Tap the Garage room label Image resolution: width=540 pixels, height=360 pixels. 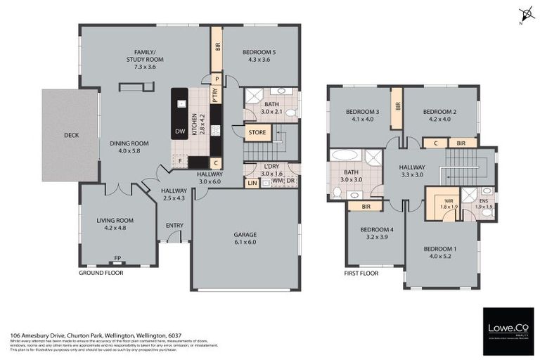coord(245,235)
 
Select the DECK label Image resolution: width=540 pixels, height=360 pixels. coord(71,135)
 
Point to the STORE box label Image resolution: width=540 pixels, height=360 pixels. coord(257,131)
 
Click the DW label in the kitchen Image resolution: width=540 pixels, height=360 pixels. coord(179,131)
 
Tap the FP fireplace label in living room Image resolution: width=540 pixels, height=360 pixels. coord(117,258)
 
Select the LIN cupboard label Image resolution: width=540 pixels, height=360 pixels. coord(251,183)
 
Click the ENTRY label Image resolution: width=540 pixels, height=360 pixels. coord(174,225)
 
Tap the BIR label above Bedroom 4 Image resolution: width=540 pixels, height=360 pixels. coord(366,206)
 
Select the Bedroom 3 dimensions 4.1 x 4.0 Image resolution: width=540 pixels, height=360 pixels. coord(362,120)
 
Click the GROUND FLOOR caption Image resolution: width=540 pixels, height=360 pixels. coord(101,272)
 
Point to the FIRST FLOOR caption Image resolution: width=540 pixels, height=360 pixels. coord(361,273)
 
